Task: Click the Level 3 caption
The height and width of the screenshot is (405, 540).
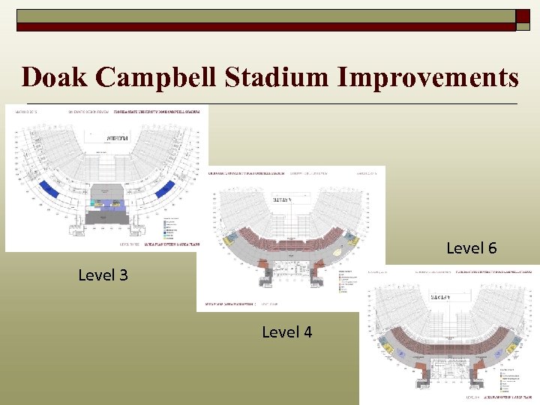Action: pos(103,275)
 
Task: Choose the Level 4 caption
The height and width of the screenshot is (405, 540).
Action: pos(286,331)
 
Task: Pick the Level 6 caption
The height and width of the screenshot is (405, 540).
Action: pos(471,248)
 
